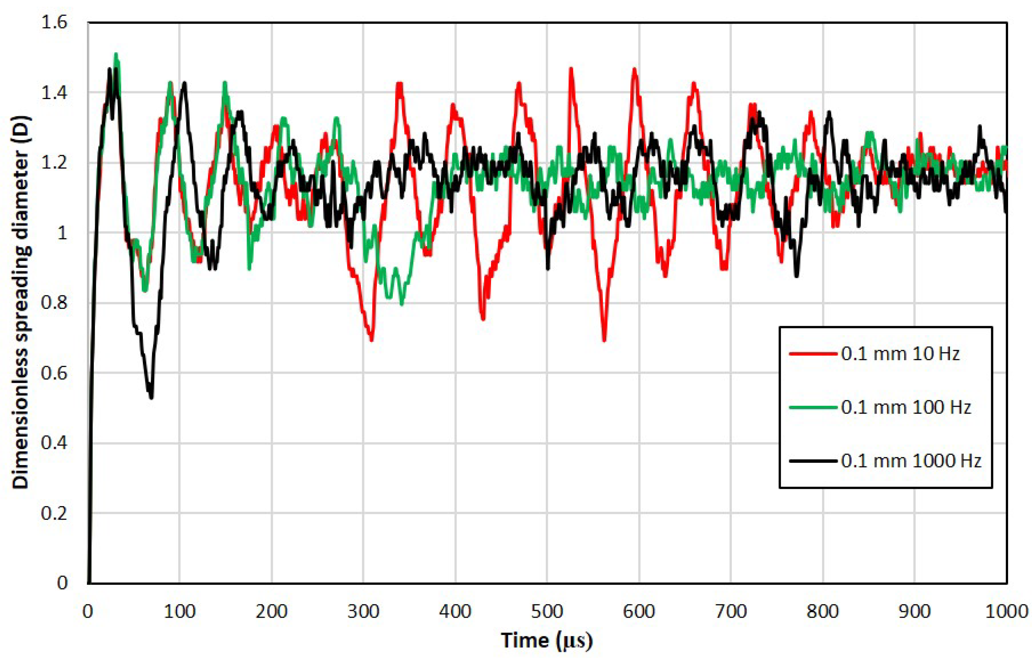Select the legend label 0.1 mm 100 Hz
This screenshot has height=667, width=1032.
(x=906, y=407)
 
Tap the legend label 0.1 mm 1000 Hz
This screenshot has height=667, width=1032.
(x=911, y=460)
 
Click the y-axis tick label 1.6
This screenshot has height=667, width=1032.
(x=55, y=22)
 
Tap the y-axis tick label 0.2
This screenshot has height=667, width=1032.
(x=55, y=513)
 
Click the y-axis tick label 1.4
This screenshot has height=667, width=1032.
(x=55, y=93)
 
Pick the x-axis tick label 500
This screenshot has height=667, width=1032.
(x=547, y=611)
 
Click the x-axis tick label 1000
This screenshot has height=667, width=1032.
(x=1006, y=611)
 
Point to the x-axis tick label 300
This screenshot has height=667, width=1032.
(x=363, y=611)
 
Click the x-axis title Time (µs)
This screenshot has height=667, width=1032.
(x=547, y=640)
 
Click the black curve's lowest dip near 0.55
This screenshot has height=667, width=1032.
(x=151, y=396)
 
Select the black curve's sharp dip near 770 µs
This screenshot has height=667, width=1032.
(x=796, y=275)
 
